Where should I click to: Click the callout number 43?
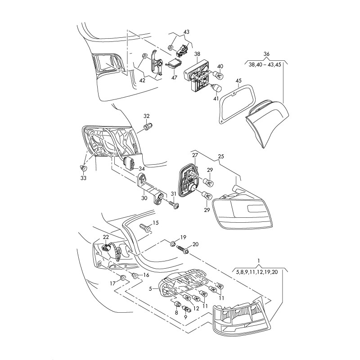click(x=186, y=32)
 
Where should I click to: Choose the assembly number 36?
click(x=266, y=54)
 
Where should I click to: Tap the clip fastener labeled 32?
click(x=148, y=128)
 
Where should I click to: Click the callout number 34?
click(x=141, y=168)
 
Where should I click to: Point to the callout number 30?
click(x=144, y=198)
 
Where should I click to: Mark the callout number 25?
click(x=221, y=156)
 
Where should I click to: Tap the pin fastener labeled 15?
click(x=145, y=229)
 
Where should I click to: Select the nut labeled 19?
click(x=173, y=244)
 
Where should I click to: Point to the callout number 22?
click(x=106, y=237)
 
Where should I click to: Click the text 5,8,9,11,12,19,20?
click(x=259, y=272)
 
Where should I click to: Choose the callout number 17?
click(x=113, y=283)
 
